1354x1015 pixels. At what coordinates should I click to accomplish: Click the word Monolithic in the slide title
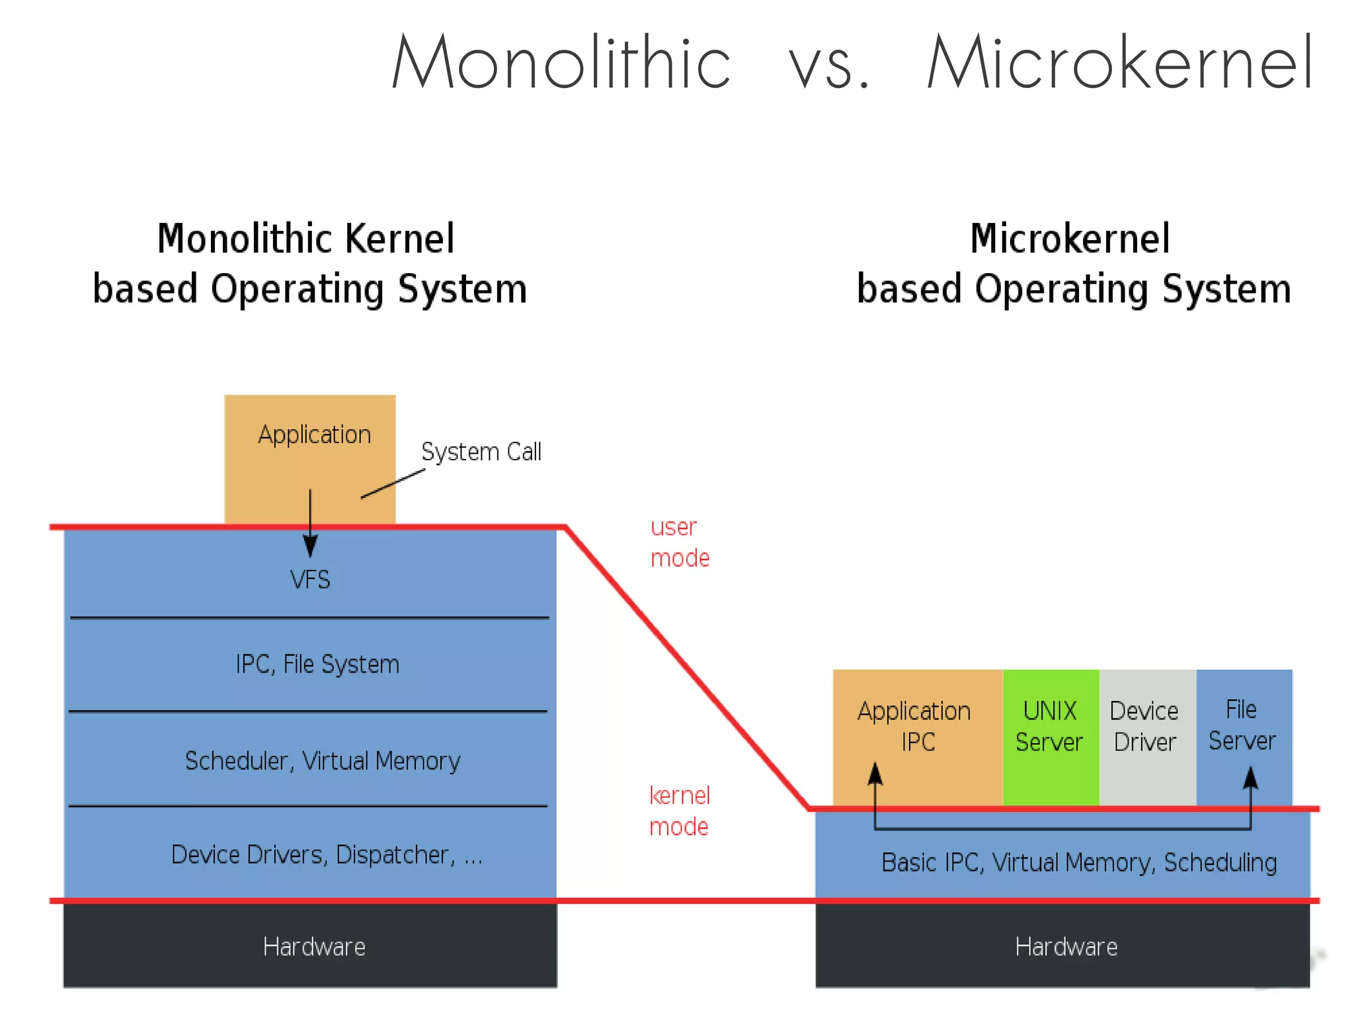click(x=561, y=63)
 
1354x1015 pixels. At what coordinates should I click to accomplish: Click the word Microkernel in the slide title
click(x=1120, y=63)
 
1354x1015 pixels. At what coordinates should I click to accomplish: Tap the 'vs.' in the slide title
click(x=829, y=66)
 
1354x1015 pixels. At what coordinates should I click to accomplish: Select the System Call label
click(x=481, y=452)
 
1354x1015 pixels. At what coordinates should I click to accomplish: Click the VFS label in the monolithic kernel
click(x=310, y=580)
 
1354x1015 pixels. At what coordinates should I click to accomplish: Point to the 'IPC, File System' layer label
click(x=317, y=664)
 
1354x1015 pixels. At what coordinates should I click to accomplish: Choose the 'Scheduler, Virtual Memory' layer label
click(x=323, y=761)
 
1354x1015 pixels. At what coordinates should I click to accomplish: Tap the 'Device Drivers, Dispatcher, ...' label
click(x=327, y=855)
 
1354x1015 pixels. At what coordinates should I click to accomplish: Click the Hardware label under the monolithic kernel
click(x=314, y=947)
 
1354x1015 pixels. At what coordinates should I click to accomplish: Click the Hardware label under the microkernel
click(x=1066, y=947)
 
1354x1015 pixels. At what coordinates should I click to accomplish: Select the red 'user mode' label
click(x=680, y=542)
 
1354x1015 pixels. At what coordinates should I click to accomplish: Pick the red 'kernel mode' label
click(x=679, y=811)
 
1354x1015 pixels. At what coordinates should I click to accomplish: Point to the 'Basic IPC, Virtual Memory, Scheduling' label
click(x=1079, y=863)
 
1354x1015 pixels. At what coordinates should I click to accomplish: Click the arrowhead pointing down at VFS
click(x=310, y=546)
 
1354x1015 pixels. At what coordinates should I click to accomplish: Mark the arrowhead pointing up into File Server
click(x=1250, y=778)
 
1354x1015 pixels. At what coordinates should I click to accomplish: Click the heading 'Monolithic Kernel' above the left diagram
click(x=306, y=239)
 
